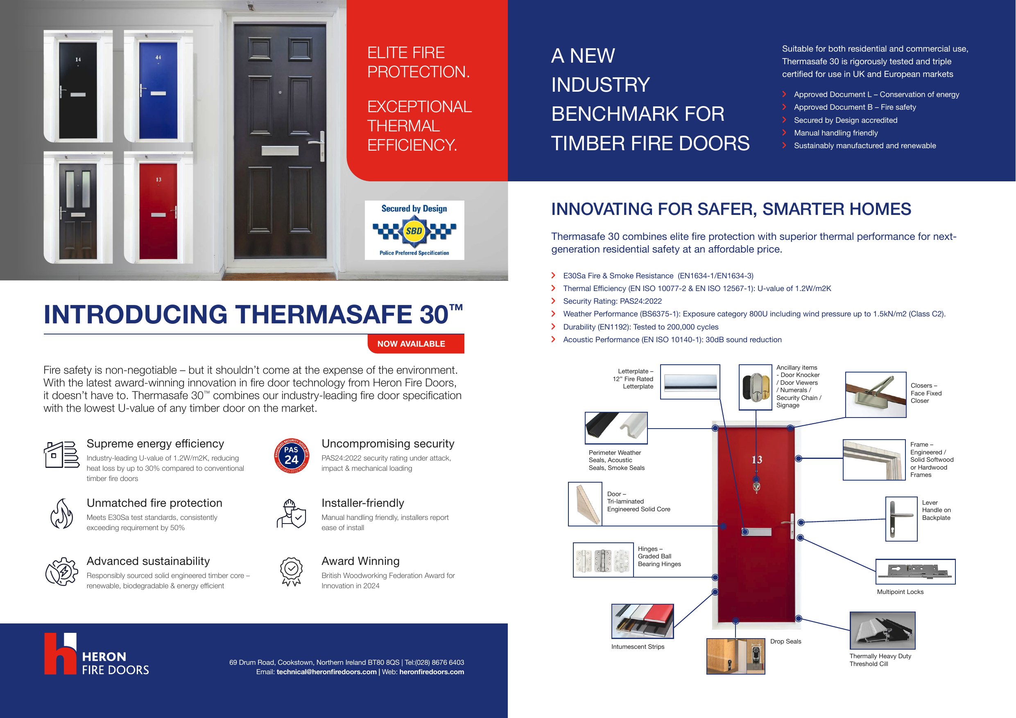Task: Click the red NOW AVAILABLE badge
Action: click(x=416, y=344)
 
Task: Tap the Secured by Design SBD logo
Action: click(x=414, y=230)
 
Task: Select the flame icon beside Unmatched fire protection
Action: click(x=61, y=514)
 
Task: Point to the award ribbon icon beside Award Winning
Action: click(x=291, y=571)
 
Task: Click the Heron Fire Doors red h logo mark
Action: click(x=60, y=653)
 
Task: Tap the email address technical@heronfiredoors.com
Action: click(x=326, y=672)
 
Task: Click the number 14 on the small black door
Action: click(x=78, y=59)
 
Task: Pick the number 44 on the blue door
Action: click(x=158, y=57)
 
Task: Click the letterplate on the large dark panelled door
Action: click(x=277, y=151)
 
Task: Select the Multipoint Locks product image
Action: click(x=916, y=571)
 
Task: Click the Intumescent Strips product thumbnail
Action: click(x=643, y=621)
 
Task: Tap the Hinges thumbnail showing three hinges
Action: click(x=603, y=560)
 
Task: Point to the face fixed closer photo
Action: click(x=876, y=395)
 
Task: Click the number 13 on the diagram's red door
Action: click(x=757, y=460)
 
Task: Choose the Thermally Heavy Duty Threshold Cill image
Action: click(x=882, y=630)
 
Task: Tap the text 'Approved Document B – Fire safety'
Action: click(x=855, y=107)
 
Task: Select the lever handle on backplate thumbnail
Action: click(x=901, y=519)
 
